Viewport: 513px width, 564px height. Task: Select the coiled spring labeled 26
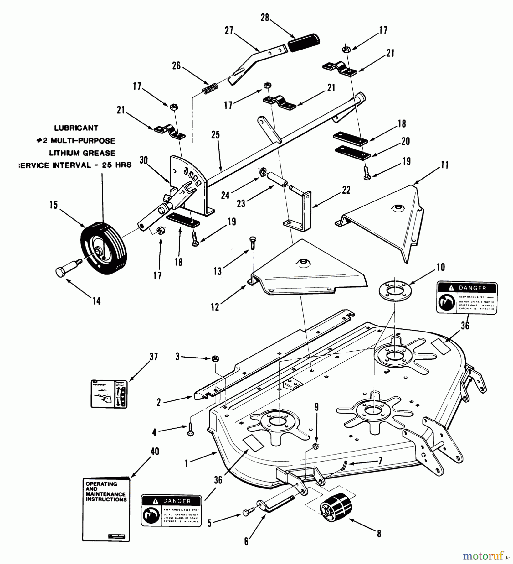[209, 88]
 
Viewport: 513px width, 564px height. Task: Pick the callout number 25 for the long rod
[215, 135]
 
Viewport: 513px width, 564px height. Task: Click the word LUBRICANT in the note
[76, 128]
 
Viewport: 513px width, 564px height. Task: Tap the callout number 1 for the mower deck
[187, 463]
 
